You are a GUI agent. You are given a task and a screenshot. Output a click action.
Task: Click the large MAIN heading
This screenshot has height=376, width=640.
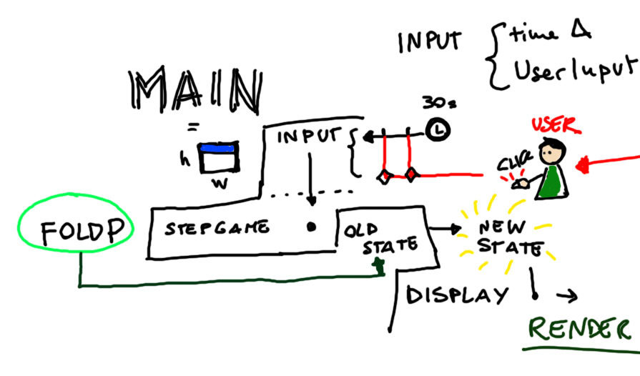pos(194,92)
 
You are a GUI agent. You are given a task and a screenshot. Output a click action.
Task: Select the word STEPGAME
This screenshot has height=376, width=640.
pos(217,229)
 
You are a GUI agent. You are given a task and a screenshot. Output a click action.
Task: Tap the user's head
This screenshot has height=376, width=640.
pos(551,152)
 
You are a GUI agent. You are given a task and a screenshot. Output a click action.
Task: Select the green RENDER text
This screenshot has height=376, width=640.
pos(579,329)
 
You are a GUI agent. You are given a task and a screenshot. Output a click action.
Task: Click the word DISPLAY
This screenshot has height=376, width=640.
pos(458,295)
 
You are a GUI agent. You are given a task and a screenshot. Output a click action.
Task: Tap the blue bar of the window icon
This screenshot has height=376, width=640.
pos(218,149)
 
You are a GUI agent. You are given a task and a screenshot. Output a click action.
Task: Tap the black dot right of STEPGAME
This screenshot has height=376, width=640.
pos(311,227)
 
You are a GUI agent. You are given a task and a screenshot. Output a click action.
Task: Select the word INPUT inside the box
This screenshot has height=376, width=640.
pos(307,137)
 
